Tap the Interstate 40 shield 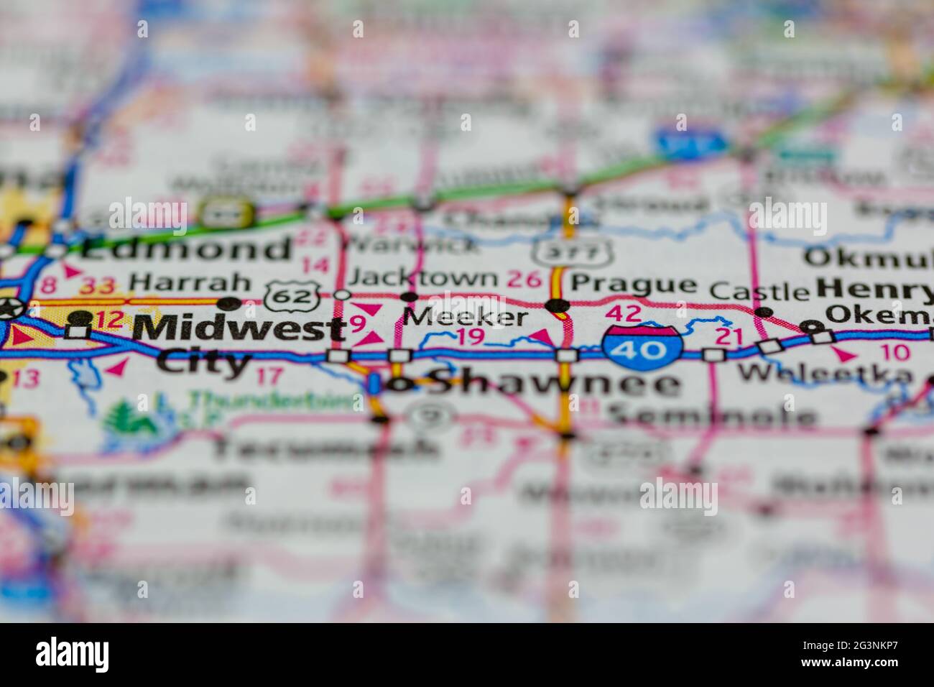click(x=642, y=346)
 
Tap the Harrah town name click(x=190, y=282)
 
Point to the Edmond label click(x=185, y=248)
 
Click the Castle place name click(x=760, y=290)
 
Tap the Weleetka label click(x=826, y=372)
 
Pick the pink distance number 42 click(x=623, y=313)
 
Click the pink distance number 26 click(x=524, y=278)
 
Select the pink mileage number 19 click(x=471, y=336)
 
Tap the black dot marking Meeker click(x=409, y=297)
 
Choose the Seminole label click(x=711, y=415)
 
